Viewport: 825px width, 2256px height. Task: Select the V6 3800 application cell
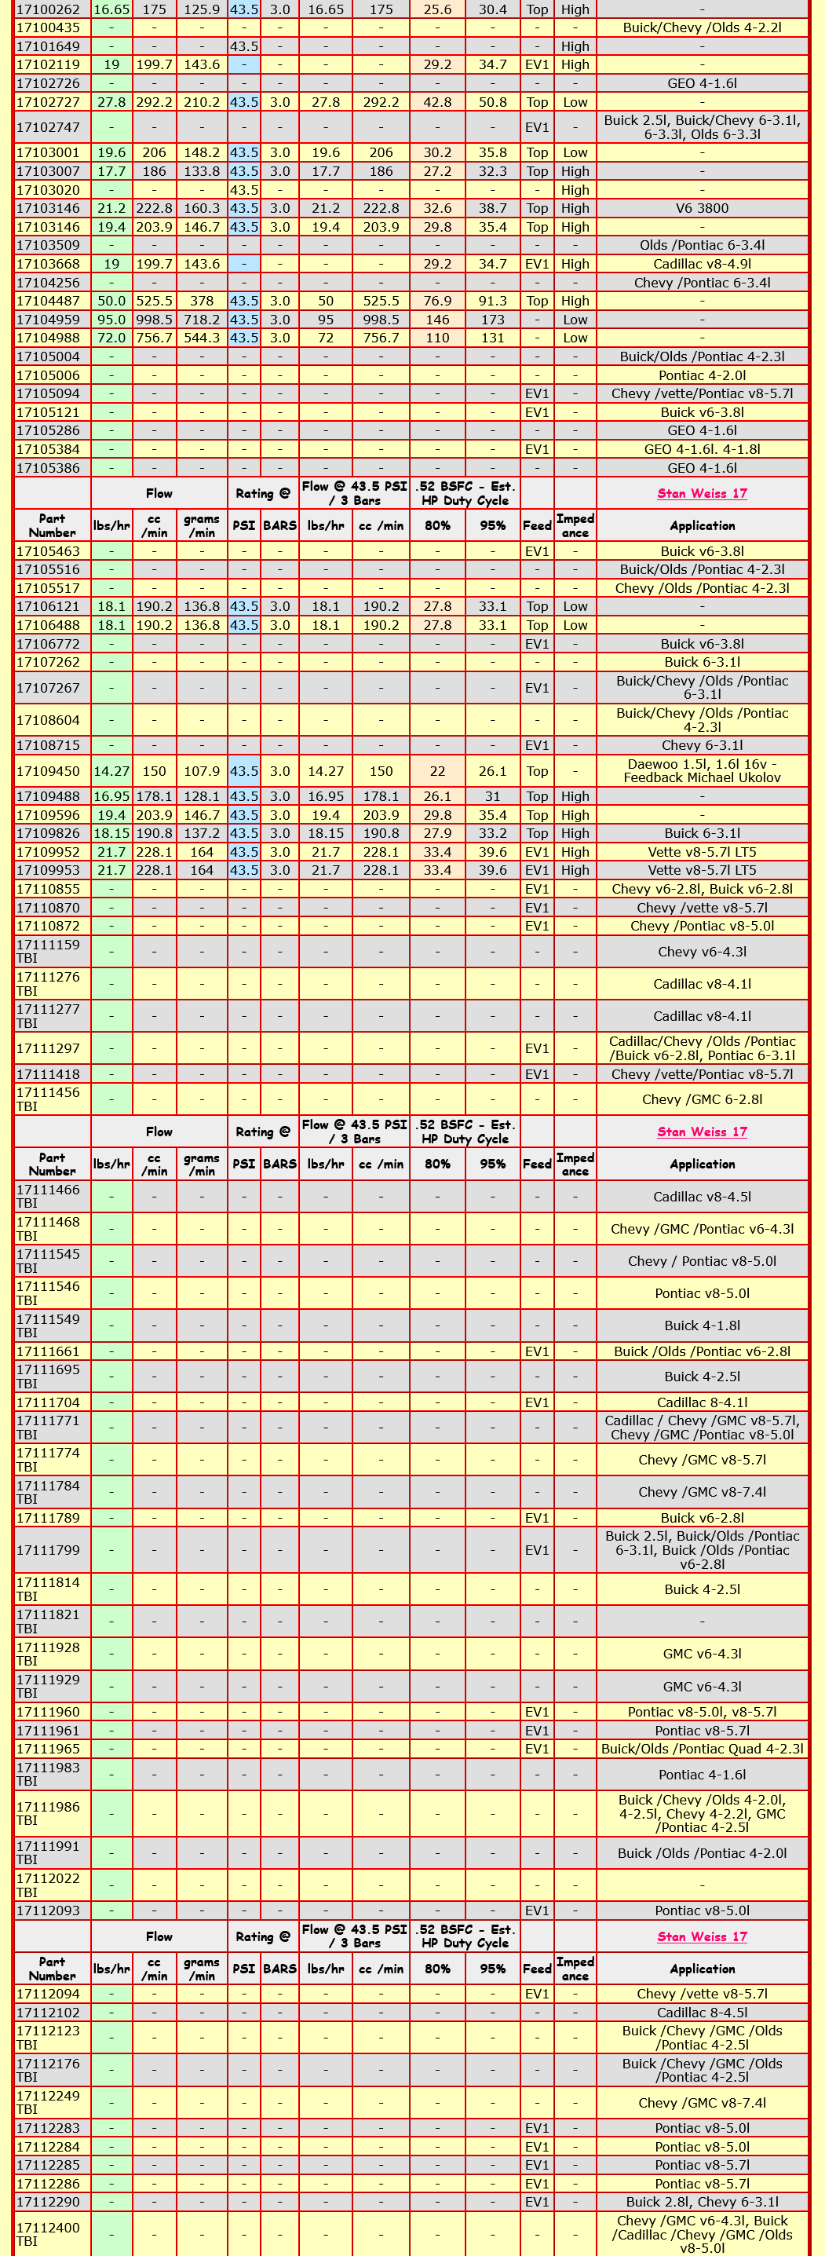(702, 208)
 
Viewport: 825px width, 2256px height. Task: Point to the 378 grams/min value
(202, 302)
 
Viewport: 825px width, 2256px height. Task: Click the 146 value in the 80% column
(437, 320)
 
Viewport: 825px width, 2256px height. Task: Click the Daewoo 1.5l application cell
(702, 770)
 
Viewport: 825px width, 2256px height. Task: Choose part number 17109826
(48, 834)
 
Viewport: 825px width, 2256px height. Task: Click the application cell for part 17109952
(702, 852)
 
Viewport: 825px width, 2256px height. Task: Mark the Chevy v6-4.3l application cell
(702, 952)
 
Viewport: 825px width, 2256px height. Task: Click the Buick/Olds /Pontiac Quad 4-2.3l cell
(702, 1749)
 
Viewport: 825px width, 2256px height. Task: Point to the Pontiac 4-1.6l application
(702, 1775)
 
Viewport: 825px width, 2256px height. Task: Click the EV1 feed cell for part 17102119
(537, 65)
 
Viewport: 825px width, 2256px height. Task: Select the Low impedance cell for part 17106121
(575, 606)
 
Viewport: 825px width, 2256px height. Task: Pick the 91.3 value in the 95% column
(492, 302)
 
